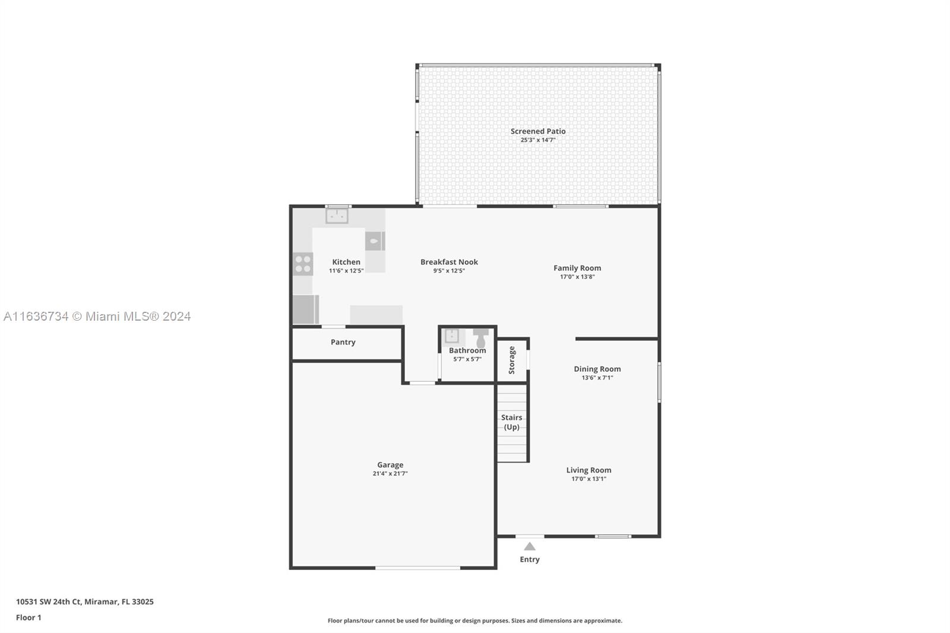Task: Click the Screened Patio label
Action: click(x=538, y=131)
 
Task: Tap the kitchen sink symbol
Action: click(x=337, y=216)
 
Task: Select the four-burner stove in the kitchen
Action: click(x=303, y=264)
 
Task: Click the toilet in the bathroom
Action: click(x=480, y=337)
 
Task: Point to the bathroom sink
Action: click(x=451, y=336)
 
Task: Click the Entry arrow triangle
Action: click(x=529, y=546)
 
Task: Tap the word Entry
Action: click(x=530, y=559)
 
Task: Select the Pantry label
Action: click(x=343, y=342)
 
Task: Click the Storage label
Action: click(x=511, y=360)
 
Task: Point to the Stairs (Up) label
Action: click(x=511, y=422)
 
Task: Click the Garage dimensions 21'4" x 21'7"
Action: click(x=390, y=473)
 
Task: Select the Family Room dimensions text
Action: click(x=577, y=277)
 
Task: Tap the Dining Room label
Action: click(x=597, y=369)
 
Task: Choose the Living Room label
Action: click(x=588, y=470)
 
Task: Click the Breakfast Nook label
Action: click(x=449, y=262)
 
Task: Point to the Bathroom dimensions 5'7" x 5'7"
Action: click(x=467, y=359)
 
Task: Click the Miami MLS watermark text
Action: click(x=97, y=316)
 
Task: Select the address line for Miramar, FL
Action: click(x=85, y=602)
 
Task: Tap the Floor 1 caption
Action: click(x=29, y=618)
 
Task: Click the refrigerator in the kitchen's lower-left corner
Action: click(x=305, y=310)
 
